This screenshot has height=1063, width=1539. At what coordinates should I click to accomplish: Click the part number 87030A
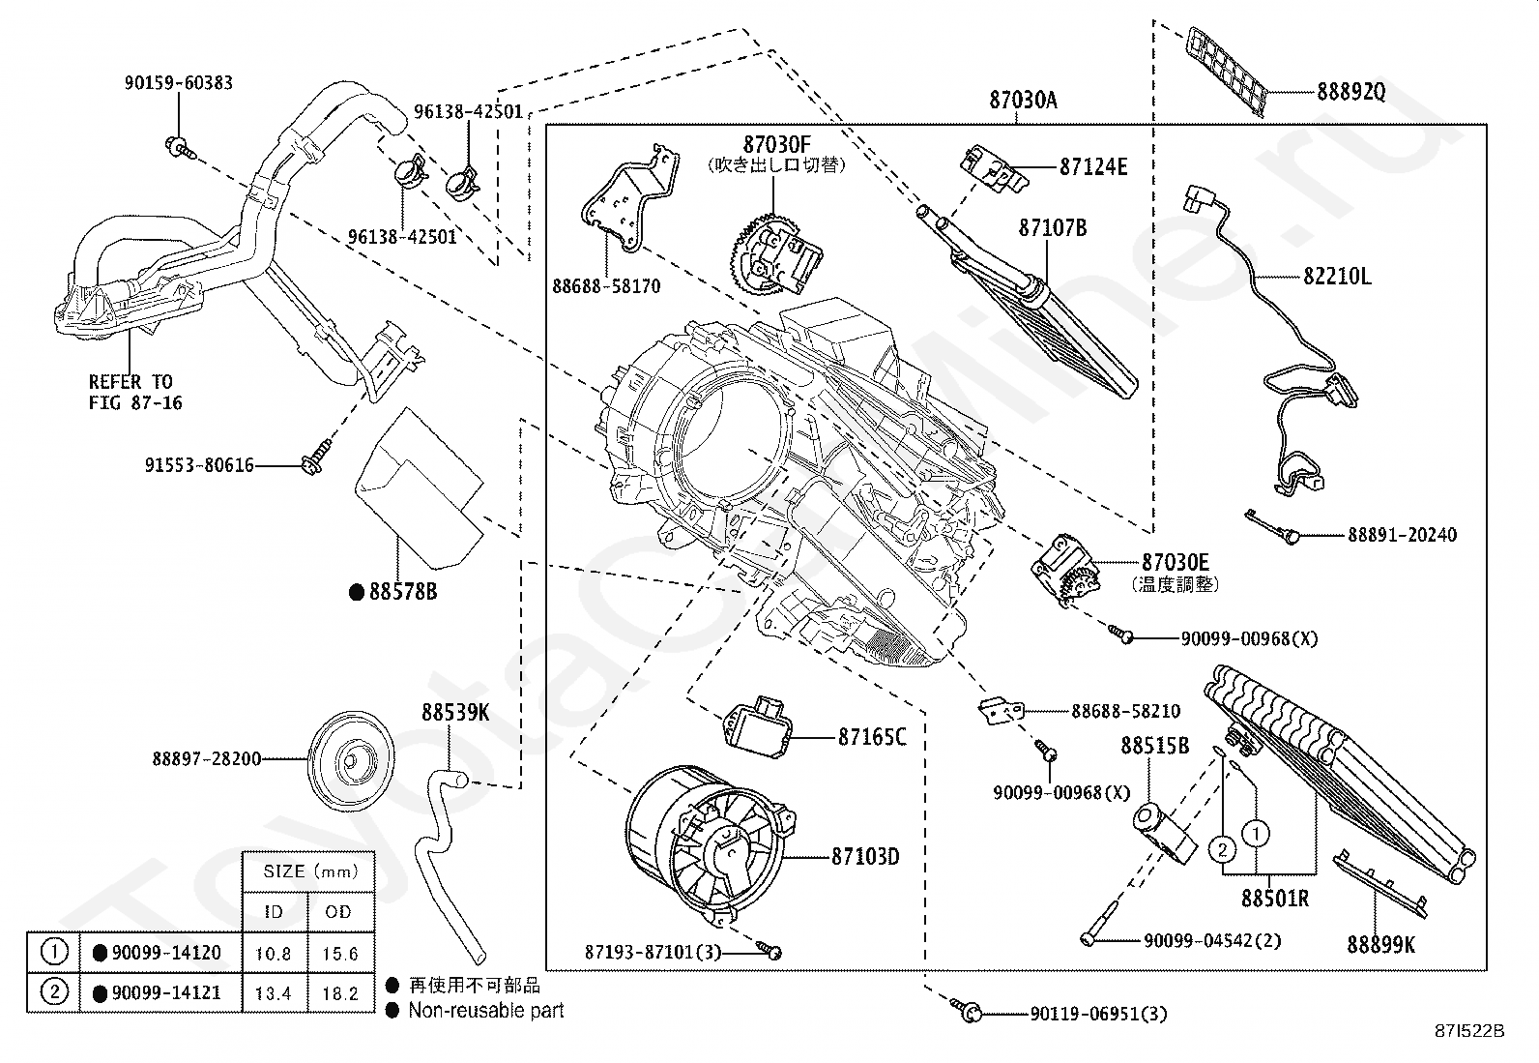tap(1023, 101)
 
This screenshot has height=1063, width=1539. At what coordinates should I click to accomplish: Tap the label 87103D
tap(865, 857)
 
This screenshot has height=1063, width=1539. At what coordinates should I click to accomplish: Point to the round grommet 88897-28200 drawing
tap(350, 761)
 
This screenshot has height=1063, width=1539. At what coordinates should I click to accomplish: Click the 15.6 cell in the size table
tap(340, 954)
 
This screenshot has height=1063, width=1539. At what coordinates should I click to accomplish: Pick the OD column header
tap(338, 912)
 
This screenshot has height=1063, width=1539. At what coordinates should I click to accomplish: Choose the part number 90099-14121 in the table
tap(166, 992)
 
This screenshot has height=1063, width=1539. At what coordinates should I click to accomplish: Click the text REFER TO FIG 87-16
tap(134, 392)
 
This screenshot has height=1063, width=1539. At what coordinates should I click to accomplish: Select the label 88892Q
tap(1350, 92)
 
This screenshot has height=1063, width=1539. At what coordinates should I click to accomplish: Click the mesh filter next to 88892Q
tap(1227, 72)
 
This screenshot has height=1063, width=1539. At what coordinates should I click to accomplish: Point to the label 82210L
tap(1337, 277)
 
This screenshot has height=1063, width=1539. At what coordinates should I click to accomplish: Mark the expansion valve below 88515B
tap(1164, 834)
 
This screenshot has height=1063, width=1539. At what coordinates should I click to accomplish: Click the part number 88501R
tap(1275, 899)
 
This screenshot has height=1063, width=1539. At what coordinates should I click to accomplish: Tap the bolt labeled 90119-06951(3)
tap(967, 1010)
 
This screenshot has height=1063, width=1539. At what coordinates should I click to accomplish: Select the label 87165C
tap(872, 738)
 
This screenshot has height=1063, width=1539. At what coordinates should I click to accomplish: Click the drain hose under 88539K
tap(450, 867)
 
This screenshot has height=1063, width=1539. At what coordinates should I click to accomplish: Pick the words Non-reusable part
tap(485, 1010)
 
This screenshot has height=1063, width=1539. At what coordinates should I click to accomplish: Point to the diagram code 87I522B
tap(1469, 1031)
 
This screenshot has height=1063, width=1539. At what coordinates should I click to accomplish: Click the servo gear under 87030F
tap(775, 254)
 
